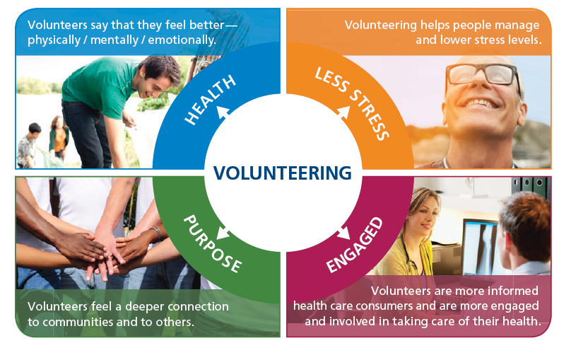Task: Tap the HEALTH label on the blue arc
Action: tap(211, 100)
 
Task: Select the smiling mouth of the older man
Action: tap(481, 103)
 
